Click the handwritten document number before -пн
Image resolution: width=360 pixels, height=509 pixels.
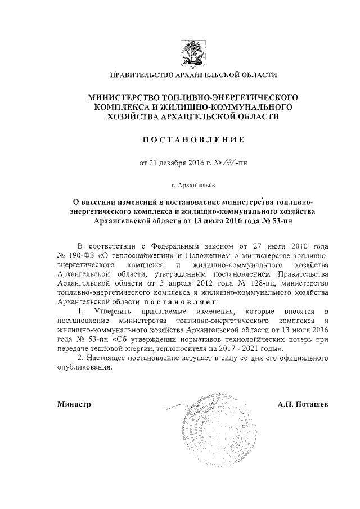(229, 164)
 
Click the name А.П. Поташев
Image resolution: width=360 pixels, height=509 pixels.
(305, 404)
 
